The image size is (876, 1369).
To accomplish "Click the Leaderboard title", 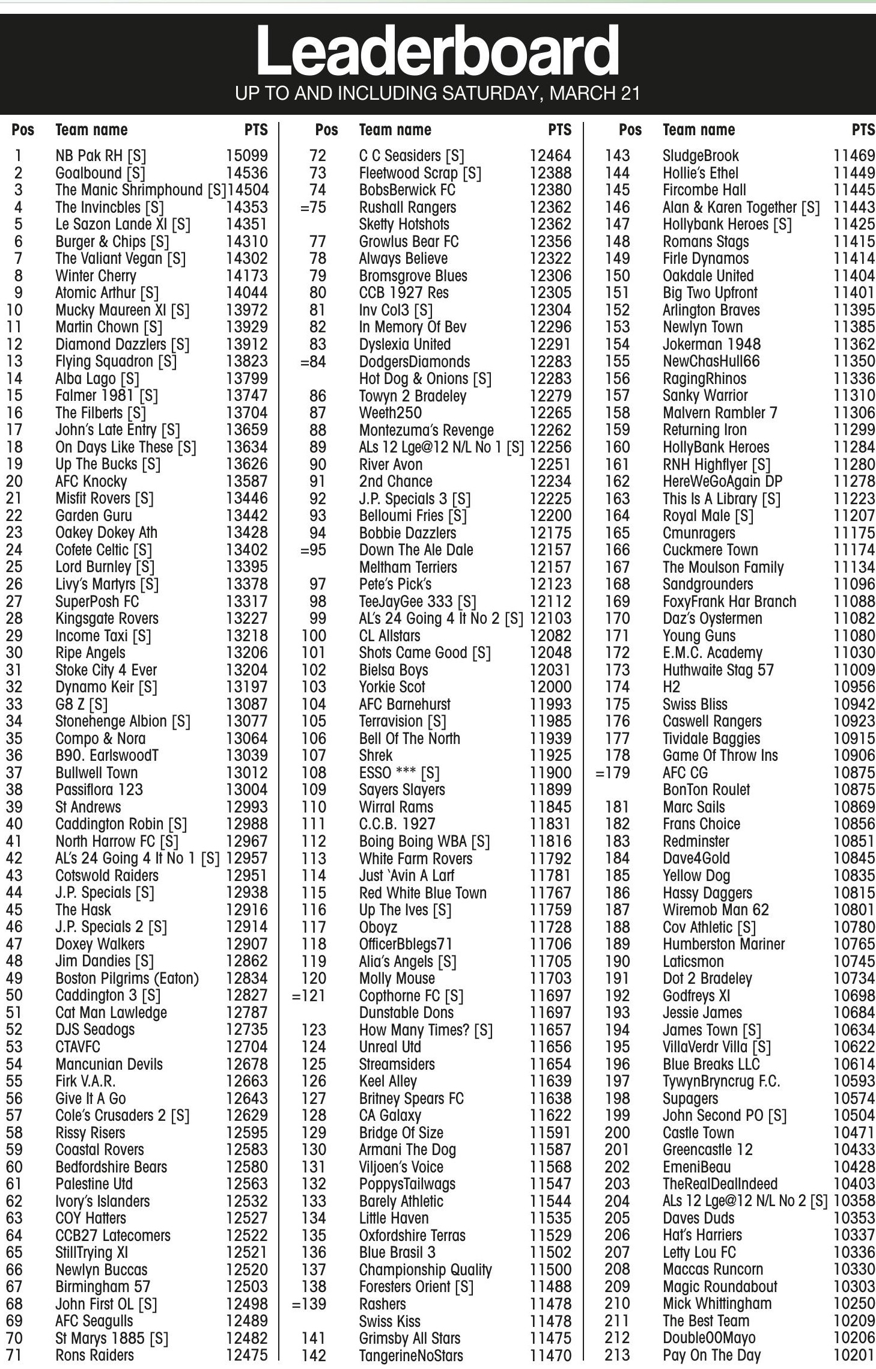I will (437, 51).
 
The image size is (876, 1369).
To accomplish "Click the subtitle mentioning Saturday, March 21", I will (437, 94).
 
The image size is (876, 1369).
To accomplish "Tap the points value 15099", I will (246, 156).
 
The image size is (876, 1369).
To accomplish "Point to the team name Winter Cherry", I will (96, 276).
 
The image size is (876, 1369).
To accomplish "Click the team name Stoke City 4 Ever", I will (106, 670).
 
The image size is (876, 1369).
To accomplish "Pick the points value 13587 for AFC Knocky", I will (246, 481).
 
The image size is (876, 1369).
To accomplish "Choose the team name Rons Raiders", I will (94, 1355).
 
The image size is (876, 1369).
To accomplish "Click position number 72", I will (317, 156).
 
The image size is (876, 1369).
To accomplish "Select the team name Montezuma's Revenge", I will (426, 430).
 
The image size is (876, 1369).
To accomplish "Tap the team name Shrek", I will (376, 755).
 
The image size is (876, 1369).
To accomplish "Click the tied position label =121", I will (309, 996).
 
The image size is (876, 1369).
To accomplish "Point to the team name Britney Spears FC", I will (411, 1099).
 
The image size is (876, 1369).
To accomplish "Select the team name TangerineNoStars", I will (411, 1356).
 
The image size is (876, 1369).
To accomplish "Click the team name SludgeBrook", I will (701, 156).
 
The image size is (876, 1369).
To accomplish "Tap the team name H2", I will (671, 687).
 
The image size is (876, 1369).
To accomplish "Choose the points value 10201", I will (854, 1355).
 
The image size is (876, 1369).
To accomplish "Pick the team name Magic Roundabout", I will (720, 1287).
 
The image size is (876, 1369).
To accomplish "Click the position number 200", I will (617, 1133).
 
